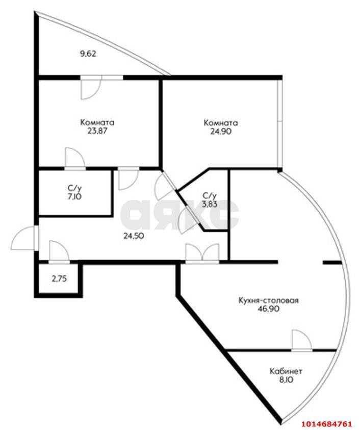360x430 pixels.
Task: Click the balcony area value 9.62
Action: click(88, 54)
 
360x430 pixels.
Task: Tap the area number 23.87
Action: click(97, 131)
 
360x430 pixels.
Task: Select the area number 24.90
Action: click(221, 132)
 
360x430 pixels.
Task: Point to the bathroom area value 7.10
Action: click(74, 196)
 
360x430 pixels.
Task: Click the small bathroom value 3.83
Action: click(210, 204)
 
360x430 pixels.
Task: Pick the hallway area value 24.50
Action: click(134, 236)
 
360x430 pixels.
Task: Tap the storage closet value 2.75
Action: click(59, 279)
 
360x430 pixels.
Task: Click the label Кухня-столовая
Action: click(268, 300)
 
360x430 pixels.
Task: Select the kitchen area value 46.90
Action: click(268, 309)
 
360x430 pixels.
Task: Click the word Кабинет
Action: click(286, 371)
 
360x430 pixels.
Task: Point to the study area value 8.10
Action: click(286, 380)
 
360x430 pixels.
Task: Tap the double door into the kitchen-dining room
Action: click(202, 254)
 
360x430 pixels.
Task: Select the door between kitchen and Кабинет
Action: click(301, 340)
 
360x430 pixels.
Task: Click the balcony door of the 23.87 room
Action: click(91, 87)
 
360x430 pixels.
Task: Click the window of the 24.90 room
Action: click(279, 123)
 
